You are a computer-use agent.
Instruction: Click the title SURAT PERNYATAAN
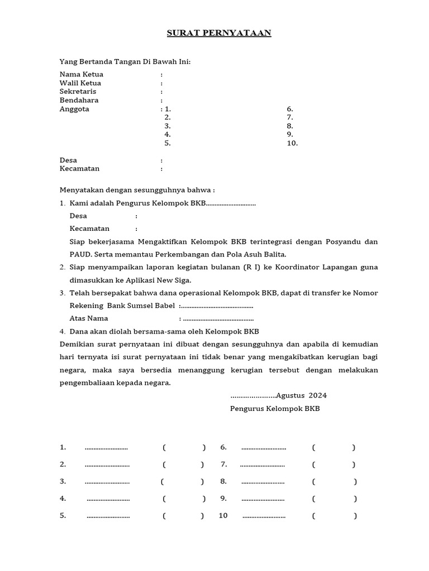tap(219, 33)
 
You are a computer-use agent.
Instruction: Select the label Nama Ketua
tap(82, 75)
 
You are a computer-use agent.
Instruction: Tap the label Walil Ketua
tap(80, 83)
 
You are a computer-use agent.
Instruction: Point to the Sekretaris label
tap(78, 91)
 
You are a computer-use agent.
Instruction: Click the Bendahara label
tap(79, 100)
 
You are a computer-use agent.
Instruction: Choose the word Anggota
tap(74, 109)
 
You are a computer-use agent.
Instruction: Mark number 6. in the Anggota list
tap(290, 109)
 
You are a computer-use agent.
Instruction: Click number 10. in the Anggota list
tap(292, 143)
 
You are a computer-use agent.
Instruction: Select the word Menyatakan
tap(80, 190)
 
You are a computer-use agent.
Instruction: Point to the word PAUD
tap(78, 254)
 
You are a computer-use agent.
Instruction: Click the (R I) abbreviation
tap(252, 268)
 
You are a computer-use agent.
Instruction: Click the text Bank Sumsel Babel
tap(141, 306)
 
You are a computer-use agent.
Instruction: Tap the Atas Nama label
tap(89, 318)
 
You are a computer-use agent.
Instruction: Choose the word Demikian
tap(77, 344)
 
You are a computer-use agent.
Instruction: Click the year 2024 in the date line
tap(317, 396)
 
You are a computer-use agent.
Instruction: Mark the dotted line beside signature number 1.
tap(106, 448)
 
